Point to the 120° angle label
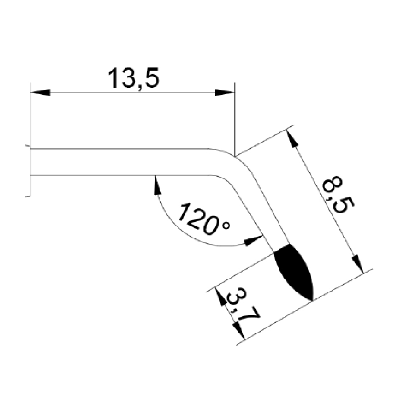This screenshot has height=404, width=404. tap(204, 219)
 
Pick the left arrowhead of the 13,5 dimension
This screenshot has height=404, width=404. tap(40, 92)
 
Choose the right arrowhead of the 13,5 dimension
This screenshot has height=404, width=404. tap(225, 92)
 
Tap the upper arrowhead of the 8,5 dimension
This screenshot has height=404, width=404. tap(292, 139)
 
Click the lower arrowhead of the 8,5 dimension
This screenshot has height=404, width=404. tap(358, 264)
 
